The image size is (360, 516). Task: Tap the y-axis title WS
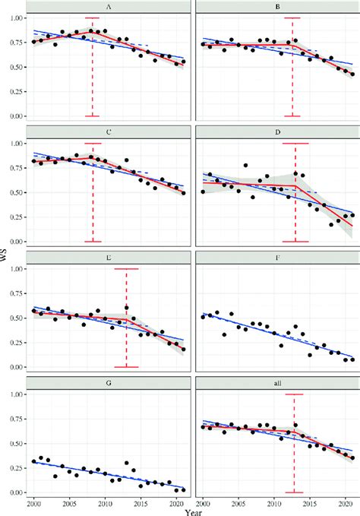tap(5, 258)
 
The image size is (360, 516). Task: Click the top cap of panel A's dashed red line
tap(93, 17)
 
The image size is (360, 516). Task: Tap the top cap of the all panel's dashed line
tap(294, 394)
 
